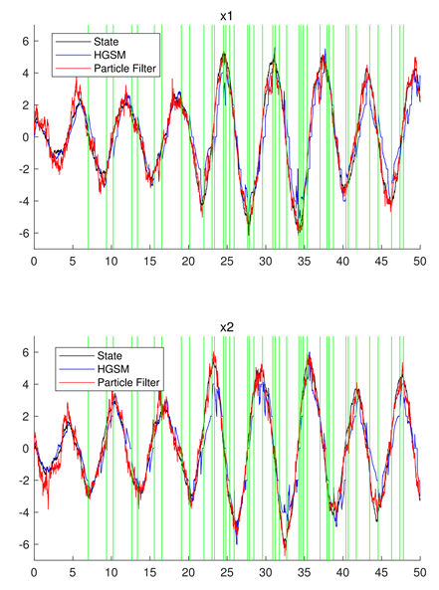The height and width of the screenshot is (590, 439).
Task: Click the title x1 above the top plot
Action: (227, 16)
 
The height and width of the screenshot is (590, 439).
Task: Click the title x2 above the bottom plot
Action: (227, 327)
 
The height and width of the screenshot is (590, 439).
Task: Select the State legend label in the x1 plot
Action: (107, 42)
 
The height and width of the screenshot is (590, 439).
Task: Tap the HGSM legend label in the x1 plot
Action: (110, 55)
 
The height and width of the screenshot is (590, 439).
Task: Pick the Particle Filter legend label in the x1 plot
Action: (124, 69)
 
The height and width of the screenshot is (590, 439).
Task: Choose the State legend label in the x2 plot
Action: (110, 355)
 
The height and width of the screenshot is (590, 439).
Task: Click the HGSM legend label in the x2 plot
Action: (113, 369)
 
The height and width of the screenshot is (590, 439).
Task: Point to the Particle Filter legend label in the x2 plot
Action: (128, 382)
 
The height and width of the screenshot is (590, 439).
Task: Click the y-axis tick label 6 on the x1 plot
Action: (26, 41)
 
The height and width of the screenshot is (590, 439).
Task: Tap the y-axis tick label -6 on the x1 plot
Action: (23, 233)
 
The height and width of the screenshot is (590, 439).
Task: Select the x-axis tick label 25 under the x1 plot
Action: (227, 261)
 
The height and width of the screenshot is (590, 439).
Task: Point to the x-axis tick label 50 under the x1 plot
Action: (420, 261)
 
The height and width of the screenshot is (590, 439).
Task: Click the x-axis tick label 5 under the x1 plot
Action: (73, 261)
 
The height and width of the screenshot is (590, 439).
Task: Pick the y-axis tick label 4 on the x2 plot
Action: (26, 385)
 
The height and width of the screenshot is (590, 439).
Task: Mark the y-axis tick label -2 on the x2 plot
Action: (23, 481)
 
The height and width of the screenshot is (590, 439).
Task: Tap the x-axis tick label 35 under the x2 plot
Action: (305, 573)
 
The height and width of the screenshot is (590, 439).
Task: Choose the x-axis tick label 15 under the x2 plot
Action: (150, 573)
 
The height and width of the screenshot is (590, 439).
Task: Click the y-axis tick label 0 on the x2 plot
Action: (26, 449)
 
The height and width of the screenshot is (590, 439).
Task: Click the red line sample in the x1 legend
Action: (74, 69)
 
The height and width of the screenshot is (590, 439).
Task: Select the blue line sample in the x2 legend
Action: (77, 369)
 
